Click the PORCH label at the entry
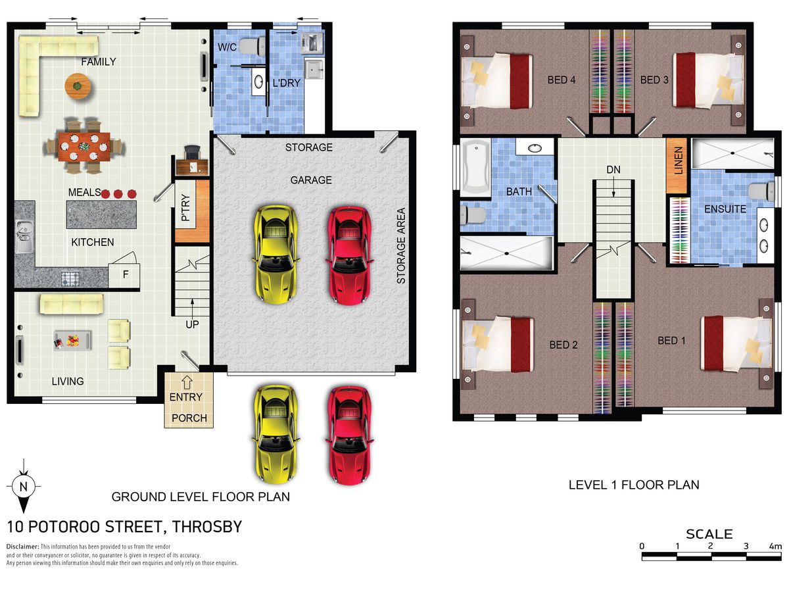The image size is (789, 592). tap(189, 418)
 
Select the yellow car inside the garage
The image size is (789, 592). tap(276, 255)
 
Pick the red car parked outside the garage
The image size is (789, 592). tap(349, 435)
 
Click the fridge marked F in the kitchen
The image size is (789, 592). tap(124, 276)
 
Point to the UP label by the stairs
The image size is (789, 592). tap(192, 324)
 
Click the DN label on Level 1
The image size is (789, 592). tap(613, 170)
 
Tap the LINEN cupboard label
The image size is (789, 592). tap(679, 160)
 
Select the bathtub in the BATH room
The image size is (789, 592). tap(475, 168)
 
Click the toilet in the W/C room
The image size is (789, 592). tap(252, 47)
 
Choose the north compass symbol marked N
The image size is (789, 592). tap(24, 486)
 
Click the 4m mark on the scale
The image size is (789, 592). tap(775, 546)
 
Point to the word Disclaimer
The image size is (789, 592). tap(22, 547)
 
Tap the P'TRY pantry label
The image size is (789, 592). tap(185, 207)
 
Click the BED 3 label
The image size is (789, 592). tap(654, 80)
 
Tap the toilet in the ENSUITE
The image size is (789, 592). tap(761, 191)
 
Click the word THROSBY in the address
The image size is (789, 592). tap(207, 527)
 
